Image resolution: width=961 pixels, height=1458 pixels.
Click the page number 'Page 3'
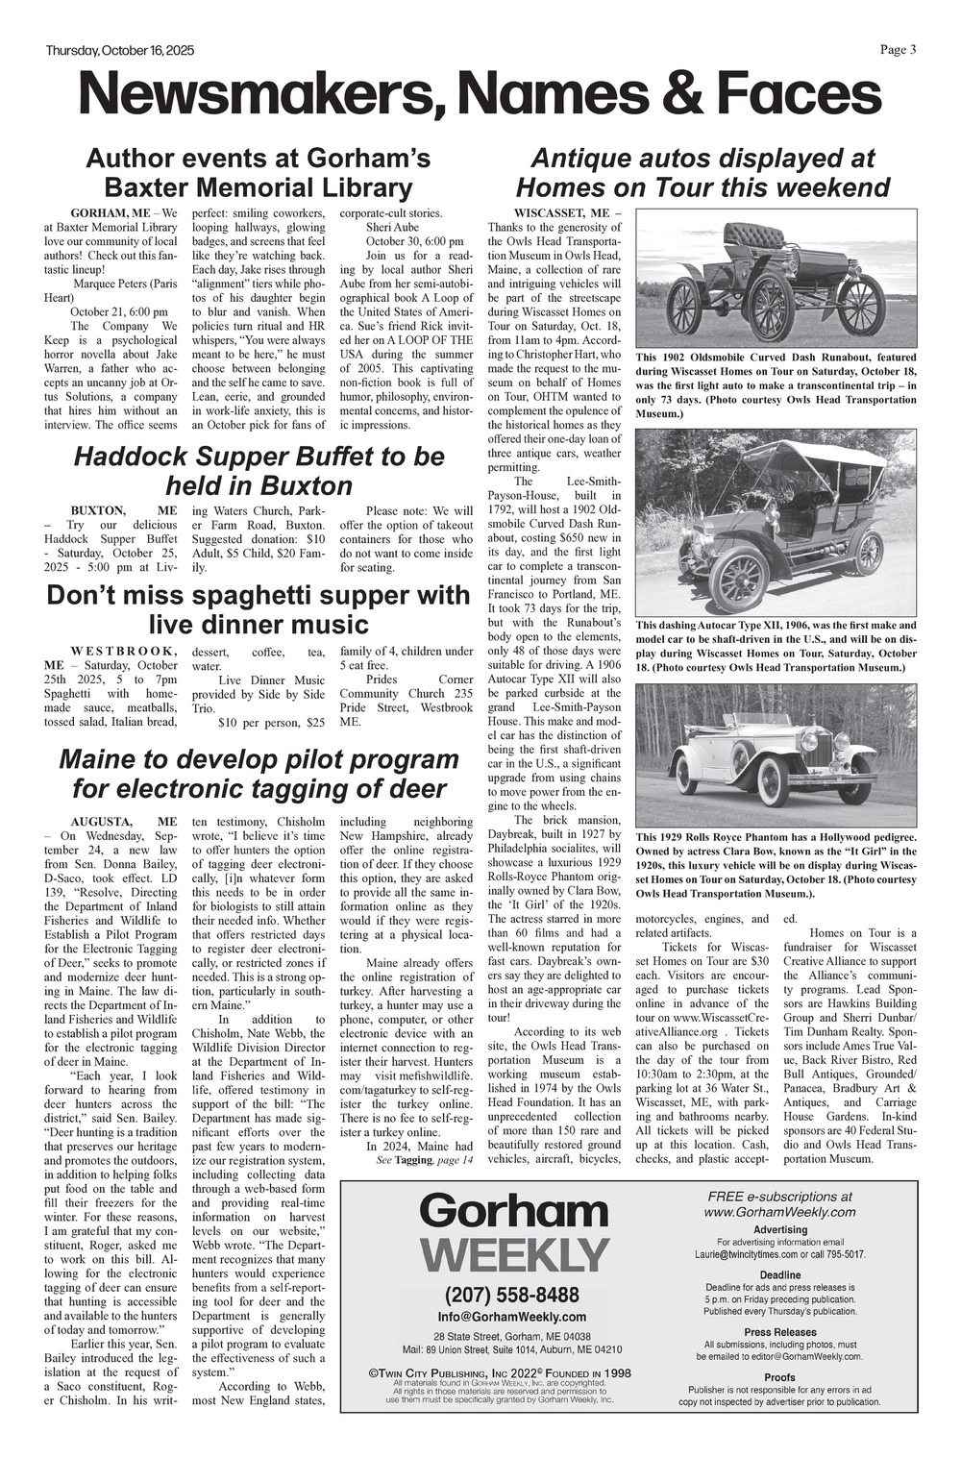click(x=898, y=50)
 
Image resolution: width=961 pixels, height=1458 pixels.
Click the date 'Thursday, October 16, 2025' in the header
click(x=119, y=51)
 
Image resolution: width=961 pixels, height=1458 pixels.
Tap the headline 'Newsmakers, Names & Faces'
click(x=480, y=95)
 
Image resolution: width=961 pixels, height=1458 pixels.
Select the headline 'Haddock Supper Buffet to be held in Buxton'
click(x=259, y=470)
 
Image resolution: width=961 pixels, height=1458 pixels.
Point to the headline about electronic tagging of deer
click(x=259, y=774)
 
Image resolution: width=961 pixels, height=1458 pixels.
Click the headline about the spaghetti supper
click(x=259, y=610)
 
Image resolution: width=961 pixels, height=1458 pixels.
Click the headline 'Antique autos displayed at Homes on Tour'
click(x=702, y=172)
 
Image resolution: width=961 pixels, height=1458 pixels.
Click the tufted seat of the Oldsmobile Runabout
click(x=753, y=235)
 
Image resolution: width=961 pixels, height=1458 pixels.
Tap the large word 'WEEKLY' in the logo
click(x=514, y=1253)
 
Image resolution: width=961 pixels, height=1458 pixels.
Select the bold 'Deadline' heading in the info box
click(x=779, y=1275)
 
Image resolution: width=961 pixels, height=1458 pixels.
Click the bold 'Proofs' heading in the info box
click(x=779, y=1377)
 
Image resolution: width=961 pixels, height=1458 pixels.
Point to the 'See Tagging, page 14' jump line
click(x=424, y=1161)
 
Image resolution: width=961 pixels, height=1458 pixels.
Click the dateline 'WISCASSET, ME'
click(x=567, y=212)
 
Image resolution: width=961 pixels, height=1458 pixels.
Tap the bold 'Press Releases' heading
click(x=779, y=1332)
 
